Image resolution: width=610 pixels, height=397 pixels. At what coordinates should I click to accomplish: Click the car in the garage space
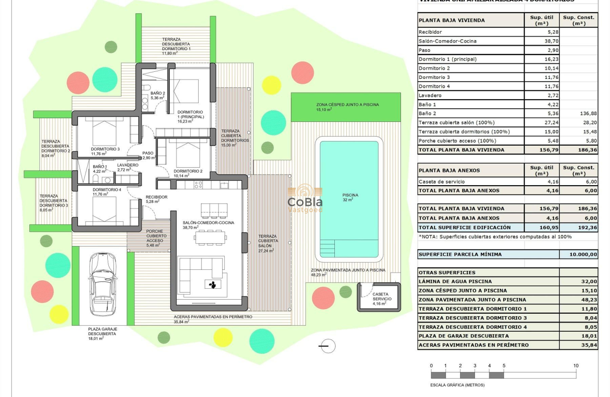103,286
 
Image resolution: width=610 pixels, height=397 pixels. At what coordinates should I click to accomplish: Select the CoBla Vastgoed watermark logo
305,198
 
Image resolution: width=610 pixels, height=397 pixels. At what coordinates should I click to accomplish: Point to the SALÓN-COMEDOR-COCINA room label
208,223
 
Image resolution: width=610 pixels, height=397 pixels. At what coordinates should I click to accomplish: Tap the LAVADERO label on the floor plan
128,165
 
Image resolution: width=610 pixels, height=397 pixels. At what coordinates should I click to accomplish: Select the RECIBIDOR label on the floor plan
156,197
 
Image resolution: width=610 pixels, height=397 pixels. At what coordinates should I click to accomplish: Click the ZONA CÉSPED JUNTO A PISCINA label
347,105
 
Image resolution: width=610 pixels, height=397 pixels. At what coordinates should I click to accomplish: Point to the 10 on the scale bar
575,366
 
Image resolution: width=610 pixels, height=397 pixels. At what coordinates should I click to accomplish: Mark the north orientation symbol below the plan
326,346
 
